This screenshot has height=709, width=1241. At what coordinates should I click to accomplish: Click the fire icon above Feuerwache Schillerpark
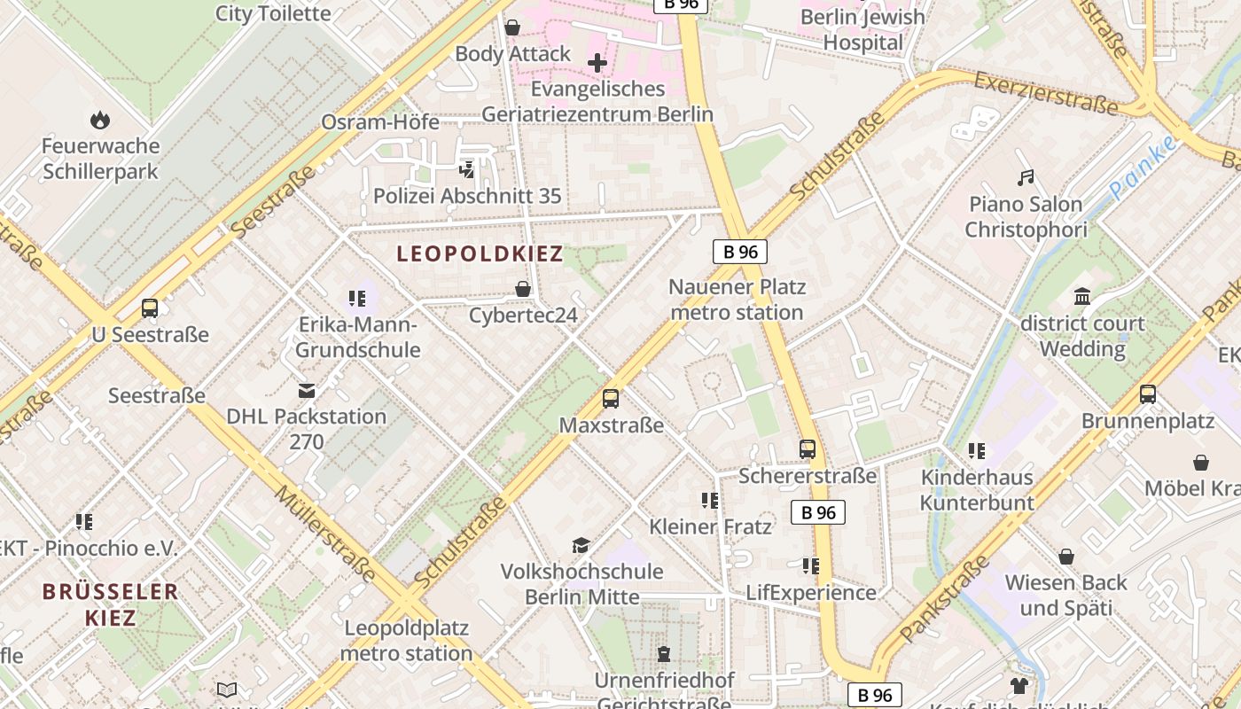[x=100, y=119]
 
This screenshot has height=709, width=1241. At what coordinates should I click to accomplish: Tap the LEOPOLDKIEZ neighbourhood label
[x=480, y=254]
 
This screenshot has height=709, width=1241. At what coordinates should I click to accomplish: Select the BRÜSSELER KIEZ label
[x=111, y=604]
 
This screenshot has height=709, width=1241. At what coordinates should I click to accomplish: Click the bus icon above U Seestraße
[x=150, y=308]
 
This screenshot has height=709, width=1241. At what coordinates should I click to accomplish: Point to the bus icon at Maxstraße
[x=611, y=399]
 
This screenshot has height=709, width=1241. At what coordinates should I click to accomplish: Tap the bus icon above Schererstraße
[x=807, y=449]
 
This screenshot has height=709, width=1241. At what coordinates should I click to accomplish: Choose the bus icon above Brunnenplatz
[x=1148, y=394]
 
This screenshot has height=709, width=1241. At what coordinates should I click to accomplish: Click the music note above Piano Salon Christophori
[x=1026, y=178]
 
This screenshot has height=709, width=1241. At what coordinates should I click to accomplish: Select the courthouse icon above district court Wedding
[x=1082, y=297]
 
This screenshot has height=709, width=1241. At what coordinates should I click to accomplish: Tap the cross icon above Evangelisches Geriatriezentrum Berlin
[x=597, y=63]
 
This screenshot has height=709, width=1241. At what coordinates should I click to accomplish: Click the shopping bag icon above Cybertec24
[x=523, y=289]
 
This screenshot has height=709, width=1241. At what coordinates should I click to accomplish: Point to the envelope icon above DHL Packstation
[x=307, y=390]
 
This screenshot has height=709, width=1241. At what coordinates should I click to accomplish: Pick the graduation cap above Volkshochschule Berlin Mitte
[x=581, y=545]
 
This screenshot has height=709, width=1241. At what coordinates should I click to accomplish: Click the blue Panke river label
[x=1143, y=168]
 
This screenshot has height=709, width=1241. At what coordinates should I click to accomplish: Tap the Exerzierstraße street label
[x=1046, y=94]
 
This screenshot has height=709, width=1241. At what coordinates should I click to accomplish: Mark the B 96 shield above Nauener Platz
[x=740, y=252]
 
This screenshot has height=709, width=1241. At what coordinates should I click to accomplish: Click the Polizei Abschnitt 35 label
[x=467, y=196]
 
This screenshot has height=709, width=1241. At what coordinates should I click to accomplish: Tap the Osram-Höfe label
[x=380, y=122]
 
